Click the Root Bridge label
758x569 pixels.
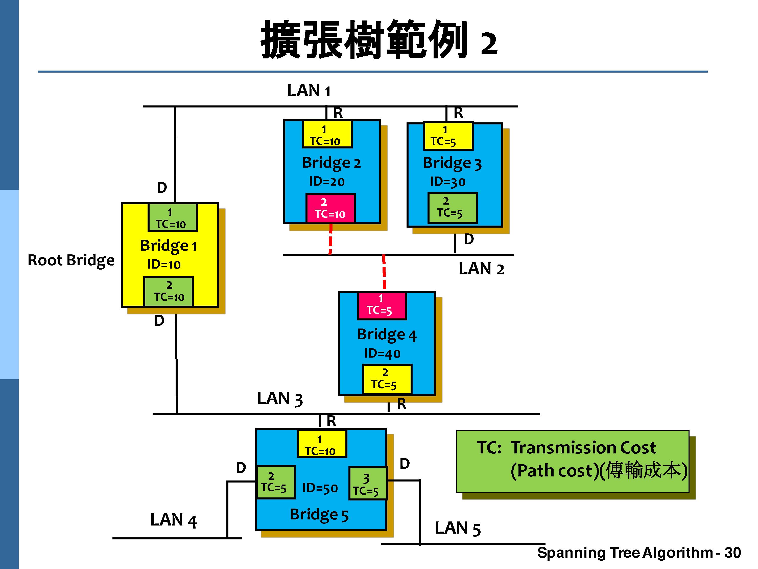[71, 260]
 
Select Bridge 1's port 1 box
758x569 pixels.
[172, 218]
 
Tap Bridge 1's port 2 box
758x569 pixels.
[169, 292]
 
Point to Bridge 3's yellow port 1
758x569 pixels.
[448, 136]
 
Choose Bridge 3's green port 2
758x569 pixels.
[452, 208]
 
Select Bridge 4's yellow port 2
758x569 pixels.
[387, 379]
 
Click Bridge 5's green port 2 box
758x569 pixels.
[275, 482]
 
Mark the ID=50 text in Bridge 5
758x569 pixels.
[320, 488]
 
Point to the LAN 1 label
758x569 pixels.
[309, 91]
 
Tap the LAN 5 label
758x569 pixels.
[458, 528]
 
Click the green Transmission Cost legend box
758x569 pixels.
[572, 462]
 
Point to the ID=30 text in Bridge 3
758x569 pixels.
[447, 182]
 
